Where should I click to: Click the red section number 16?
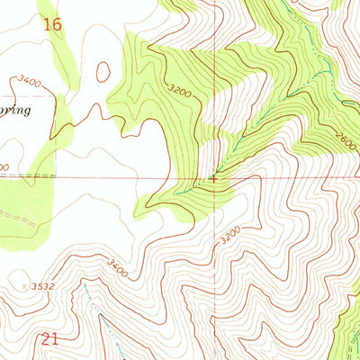click(52, 25)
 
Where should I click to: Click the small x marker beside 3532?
click(24, 286)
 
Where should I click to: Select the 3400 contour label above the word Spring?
click(30, 83)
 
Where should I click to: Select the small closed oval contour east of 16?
click(103, 72)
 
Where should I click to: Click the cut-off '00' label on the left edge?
click(4, 167)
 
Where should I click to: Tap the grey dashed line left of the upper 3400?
click(9, 93)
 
